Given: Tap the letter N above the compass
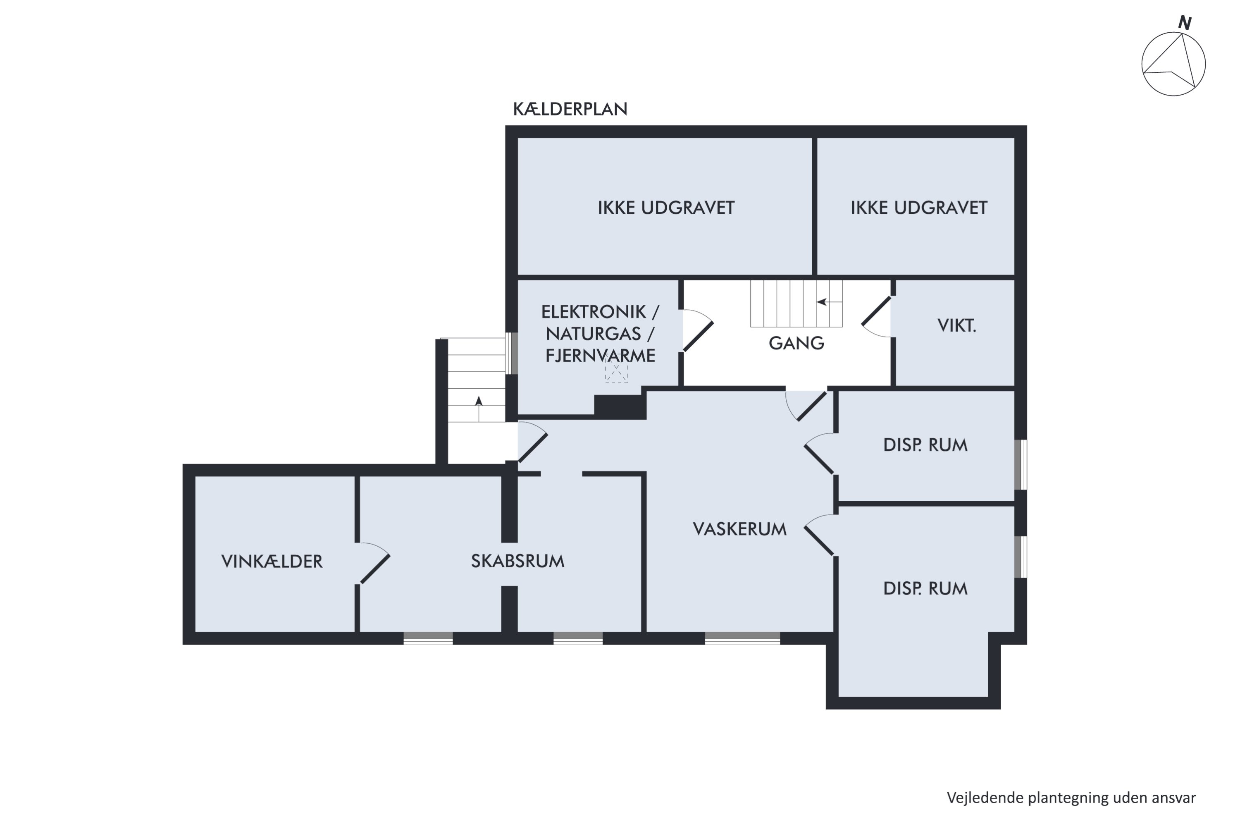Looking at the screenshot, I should click(1185, 23).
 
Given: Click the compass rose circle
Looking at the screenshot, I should click(1173, 64).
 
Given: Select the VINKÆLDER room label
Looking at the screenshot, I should click(272, 561).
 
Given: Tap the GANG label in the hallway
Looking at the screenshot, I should click(796, 343).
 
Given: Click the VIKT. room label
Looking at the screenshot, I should click(956, 325).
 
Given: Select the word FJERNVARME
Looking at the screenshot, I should click(600, 356).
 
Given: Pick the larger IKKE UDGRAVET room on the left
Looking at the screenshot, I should click(665, 207).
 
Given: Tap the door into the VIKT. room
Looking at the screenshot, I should click(877, 317).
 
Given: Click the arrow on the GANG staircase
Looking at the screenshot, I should click(822, 302).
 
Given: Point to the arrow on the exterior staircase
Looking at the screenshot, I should click(479, 402).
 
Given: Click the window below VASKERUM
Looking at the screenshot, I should click(742, 638).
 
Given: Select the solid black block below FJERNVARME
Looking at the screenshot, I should click(620, 406).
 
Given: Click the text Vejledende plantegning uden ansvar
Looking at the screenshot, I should click(1071, 798).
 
